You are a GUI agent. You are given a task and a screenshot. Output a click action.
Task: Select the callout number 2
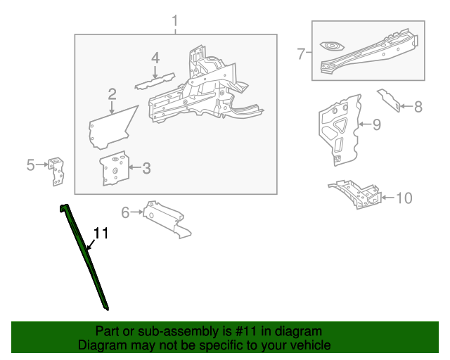(x=112, y=94)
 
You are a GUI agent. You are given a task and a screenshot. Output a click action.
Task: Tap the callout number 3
(x=146, y=167)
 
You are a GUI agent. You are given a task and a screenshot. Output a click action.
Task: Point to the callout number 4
(x=155, y=58)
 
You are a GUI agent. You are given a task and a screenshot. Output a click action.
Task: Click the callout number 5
(x=30, y=165)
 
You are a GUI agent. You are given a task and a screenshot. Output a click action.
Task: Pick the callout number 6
(x=126, y=212)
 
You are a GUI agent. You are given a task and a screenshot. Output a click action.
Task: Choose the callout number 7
(x=301, y=53)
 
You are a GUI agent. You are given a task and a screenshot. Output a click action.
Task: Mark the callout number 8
(x=418, y=108)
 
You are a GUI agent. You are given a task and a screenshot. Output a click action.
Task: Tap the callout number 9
(x=376, y=124)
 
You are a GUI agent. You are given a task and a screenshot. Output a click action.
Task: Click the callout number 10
(x=404, y=198)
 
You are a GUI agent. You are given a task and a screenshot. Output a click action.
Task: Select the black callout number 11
(x=101, y=233)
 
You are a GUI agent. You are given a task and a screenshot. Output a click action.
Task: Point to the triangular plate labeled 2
(x=109, y=127)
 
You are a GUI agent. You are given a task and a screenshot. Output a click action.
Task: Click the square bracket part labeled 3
(x=114, y=169)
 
